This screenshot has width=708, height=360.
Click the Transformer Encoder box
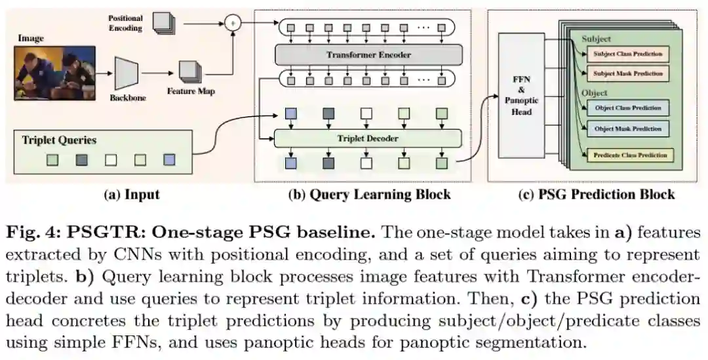[x=368, y=54]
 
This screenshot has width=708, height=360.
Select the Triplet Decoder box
[x=368, y=138]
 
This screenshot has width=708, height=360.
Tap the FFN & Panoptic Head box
[x=521, y=95]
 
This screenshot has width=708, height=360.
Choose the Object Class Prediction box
[x=627, y=108]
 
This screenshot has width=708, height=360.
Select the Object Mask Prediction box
[x=627, y=129]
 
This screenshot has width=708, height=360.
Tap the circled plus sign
[x=231, y=23]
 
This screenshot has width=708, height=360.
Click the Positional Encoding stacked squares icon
[x=163, y=22]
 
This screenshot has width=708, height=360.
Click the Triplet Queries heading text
[x=59, y=140]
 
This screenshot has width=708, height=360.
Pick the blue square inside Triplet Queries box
[x=170, y=159]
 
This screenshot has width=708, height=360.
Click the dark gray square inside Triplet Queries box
[x=81, y=159]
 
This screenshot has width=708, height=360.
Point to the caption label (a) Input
[x=131, y=194]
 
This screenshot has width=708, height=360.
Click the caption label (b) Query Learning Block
[x=369, y=194]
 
